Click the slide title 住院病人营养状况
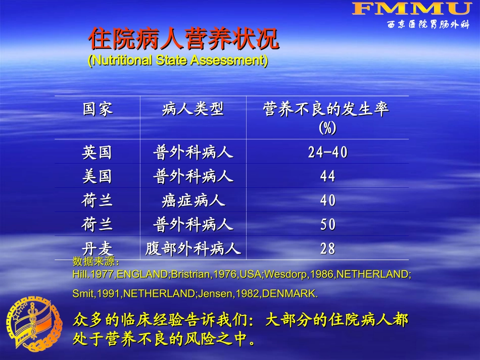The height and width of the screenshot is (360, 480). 184,39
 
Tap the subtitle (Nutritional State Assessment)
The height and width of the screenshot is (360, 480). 178,61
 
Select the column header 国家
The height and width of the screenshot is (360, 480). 98,109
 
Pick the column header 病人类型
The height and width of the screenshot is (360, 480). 193,109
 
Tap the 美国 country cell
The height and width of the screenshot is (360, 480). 98,176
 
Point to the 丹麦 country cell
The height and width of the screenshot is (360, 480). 98,248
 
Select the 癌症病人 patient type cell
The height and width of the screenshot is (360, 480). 193,200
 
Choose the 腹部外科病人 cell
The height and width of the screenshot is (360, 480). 193,248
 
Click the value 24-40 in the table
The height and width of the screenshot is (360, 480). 328,152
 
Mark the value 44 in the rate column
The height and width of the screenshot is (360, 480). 328,176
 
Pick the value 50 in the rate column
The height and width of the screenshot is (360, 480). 328,225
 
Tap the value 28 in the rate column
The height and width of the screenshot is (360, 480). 328,248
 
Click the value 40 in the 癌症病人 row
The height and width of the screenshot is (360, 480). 328,200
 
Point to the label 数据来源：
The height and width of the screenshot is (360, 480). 97,262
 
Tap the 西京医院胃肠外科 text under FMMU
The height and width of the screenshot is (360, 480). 428,24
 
